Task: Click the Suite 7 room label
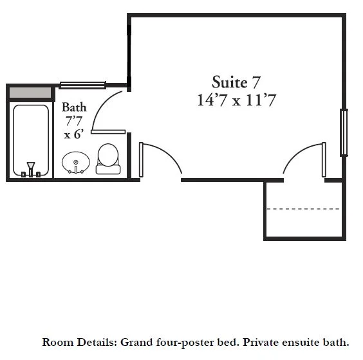coord(236,82)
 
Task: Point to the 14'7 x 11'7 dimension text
coord(236,100)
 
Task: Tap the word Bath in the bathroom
coord(74,107)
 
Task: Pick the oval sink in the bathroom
coord(76,163)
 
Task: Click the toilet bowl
coord(108,154)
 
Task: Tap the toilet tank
coord(108,170)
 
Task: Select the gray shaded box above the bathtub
coord(30,93)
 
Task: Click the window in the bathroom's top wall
coord(82,85)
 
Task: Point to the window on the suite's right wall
coord(344,132)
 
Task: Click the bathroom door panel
coord(108,132)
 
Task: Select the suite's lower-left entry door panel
coord(141,160)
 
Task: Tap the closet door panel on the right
coord(324,160)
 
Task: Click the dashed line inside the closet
coord(303,209)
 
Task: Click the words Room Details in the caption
coord(79,342)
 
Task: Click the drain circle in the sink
coord(76,162)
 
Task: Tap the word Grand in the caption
coord(137,342)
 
